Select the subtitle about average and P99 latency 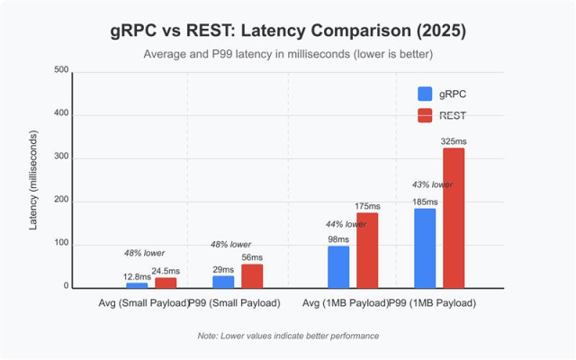pyautogui.click(x=288, y=54)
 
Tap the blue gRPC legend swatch pyautogui.click(x=425, y=94)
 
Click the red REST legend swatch pyautogui.click(x=425, y=115)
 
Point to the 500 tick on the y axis pyautogui.click(x=61, y=71)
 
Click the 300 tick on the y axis pyautogui.click(x=61, y=158)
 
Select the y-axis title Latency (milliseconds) pyautogui.click(x=33, y=180)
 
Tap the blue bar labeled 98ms pyautogui.click(x=338, y=266)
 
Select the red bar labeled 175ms pyautogui.click(x=367, y=250)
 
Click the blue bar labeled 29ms pyautogui.click(x=223, y=282)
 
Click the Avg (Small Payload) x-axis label pyautogui.click(x=142, y=302)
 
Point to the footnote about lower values pyautogui.click(x=288, y=336)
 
